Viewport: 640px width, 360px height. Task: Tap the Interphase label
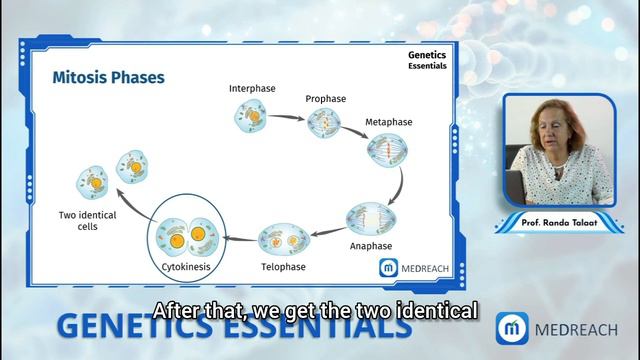[253, 87]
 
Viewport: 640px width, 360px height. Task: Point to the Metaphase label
[387, 123]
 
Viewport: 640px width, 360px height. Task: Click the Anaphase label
[370, 246]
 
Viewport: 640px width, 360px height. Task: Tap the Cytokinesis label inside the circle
[186, 268]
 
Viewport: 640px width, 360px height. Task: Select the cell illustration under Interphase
[251, 118]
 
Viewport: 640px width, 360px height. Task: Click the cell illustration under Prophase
[324, 124]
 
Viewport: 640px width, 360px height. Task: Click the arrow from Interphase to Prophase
[287, 117]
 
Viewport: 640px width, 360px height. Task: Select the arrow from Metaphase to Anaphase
[397, 186]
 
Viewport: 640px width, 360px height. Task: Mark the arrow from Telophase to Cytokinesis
[238, 238]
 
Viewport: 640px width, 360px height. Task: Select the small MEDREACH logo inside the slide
[414, 267]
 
